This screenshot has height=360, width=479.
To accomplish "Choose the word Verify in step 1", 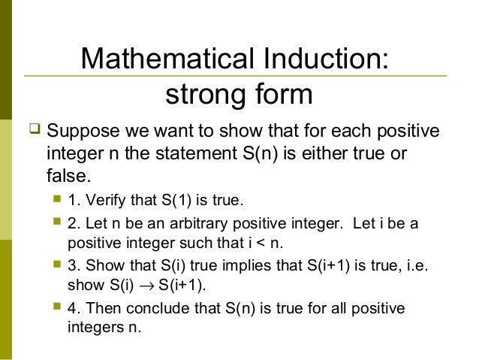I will point(101,201).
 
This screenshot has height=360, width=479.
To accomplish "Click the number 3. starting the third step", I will point(73,267).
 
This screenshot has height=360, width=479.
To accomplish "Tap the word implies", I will point(230,267).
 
